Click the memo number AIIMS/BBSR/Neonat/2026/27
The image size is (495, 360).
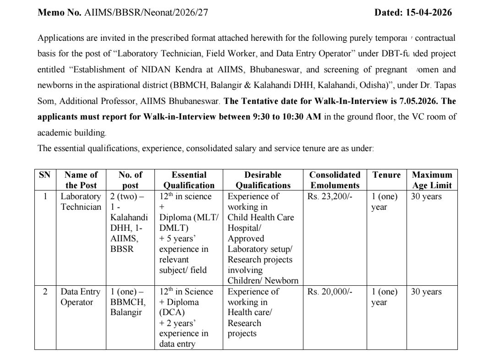point(146,13)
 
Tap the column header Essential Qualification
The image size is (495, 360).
point(189,180)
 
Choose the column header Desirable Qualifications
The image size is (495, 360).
point(263,180)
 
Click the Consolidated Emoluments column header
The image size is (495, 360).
point(335,180)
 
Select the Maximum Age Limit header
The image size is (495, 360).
point(432,180)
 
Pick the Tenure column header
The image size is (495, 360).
point(386,175)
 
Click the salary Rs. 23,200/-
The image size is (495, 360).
point(329,196)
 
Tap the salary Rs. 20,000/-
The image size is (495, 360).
point(329,292)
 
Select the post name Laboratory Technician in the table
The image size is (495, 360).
point(81,202)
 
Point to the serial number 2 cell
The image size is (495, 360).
point(45,292)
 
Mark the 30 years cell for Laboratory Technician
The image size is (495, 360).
point(426,196)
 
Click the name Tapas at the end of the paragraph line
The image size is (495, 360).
point(442,85)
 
